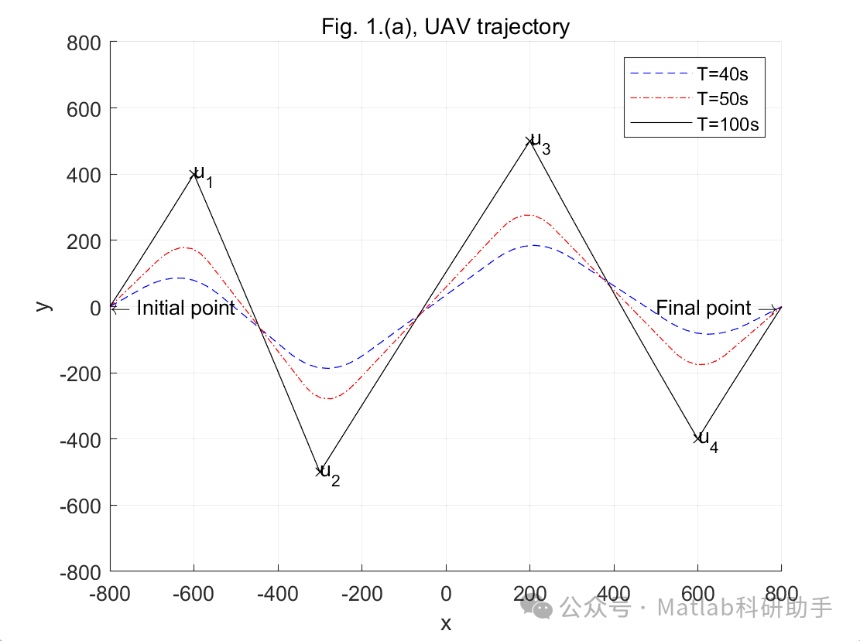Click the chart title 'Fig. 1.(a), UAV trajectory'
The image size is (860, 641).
pyautogui.click(x=445, y=27)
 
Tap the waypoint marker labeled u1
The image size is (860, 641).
pyautogui.click(x=194, y=174)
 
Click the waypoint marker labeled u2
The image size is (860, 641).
pyautogui.click(x=319, y=471)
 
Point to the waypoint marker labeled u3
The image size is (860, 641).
pyautogui.click(x=529, y=141)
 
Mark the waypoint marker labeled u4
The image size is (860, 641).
pyautogui.click(x=697, y=438)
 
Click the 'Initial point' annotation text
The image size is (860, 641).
pyautogui.click(x=186, y=309)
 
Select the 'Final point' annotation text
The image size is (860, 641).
pyautogui.click(x=704, y=309)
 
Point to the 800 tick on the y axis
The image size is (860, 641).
pyautogui.click(x=84, y=43)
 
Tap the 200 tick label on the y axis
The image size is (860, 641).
pyautogui.click(x=84, y=240)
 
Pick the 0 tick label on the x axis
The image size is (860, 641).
pyautogui.click(x=446, y=595)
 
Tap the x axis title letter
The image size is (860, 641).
pyautogui.click(x=446, y=623)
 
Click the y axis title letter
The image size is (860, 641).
pyautogui.click(x=44, y=306)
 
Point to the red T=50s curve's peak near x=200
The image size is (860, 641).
pyautogui.click(x=528, y=215)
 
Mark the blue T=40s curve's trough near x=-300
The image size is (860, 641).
pyautogui.click(x=329, y=368)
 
